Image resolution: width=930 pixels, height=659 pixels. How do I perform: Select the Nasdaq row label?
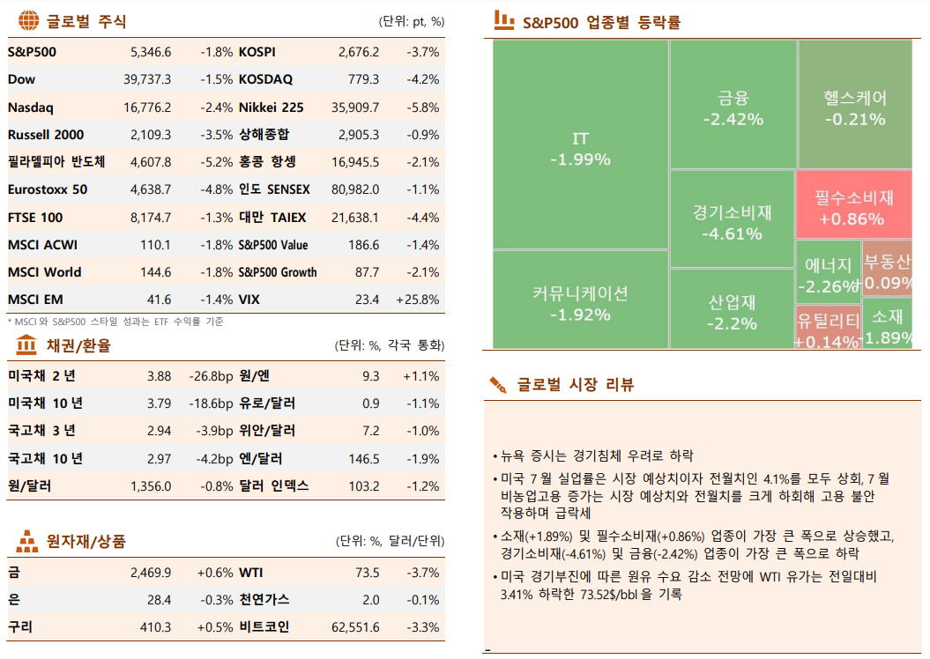[31, 107]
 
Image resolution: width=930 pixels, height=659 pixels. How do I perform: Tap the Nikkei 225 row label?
[271, 107]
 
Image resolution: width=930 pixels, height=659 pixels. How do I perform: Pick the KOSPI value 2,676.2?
[358, 52]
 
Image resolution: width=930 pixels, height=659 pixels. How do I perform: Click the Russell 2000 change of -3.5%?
[216, 135]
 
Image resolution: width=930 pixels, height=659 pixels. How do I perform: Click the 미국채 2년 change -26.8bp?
[211, 376]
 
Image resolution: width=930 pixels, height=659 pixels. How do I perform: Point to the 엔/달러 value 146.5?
[364, 459]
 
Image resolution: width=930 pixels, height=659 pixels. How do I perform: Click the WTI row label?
[251, 573]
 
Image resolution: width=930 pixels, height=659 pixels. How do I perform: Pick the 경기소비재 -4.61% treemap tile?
[732, 222]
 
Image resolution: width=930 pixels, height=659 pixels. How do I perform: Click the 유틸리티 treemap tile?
[827, 328]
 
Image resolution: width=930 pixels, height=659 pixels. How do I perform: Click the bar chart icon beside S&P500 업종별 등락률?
[503, 19]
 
